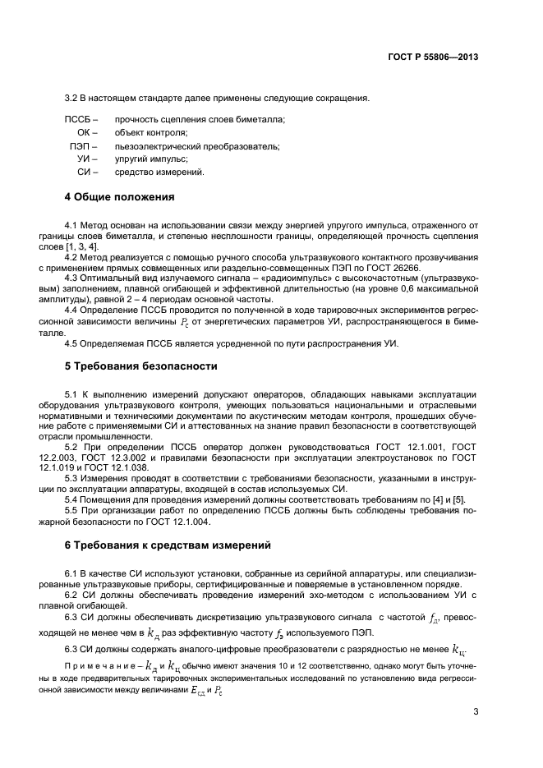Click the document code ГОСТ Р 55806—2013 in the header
432,57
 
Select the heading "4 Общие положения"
119,197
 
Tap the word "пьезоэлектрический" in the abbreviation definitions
155,146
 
